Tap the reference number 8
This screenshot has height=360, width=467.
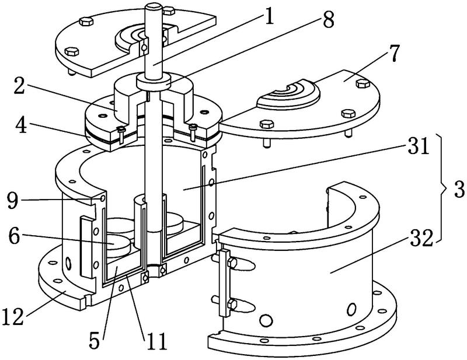coord(328,19)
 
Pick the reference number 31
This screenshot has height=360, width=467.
coord(419,145)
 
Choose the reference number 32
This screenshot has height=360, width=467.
coord(421,237)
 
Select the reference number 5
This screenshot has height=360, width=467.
coord(95,340)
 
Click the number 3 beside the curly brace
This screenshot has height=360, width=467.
coord(459,190)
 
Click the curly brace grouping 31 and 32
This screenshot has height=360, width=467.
coord(442,188)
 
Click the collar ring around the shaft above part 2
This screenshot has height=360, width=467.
coord(153,82)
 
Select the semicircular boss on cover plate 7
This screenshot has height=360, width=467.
coord(288,95)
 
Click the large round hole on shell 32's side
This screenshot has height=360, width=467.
coord(266,320)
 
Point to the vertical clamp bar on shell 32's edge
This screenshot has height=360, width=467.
coord(224,283)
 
